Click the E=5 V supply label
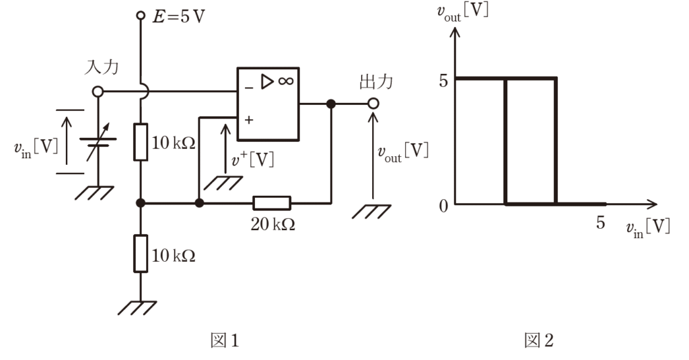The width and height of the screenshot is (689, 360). click(x=178, y=17)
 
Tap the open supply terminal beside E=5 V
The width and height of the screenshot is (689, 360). click(x=141, y=16)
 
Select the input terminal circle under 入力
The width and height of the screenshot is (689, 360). click(x=98, y=92)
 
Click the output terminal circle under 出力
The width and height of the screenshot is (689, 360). click(x=373, y=104)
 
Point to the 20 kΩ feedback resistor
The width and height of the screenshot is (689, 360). click(x=272, y=203)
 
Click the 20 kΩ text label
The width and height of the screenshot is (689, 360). click(x=273, y=224)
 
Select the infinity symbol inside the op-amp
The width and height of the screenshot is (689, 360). click(x=285, y=81)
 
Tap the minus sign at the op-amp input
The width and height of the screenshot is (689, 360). click(x=249, y=88)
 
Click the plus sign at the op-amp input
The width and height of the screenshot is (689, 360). click(x=249, y=120)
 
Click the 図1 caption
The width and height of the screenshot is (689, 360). click(x=225, y=340)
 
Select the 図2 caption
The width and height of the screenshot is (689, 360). click(x=539, y=340)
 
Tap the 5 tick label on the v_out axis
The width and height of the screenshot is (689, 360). click(x=443, y=81)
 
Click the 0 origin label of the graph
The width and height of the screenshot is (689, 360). click(x=444, y=205)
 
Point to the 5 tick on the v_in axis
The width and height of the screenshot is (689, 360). click(x=601, y=223)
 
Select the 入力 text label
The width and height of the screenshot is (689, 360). click(x=102, y=67)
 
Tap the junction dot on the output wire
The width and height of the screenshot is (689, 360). click(x=331, y=104)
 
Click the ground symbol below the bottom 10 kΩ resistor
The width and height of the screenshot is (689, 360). click(x=137, y=308)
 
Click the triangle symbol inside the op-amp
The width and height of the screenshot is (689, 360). click(x=267, y=82)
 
